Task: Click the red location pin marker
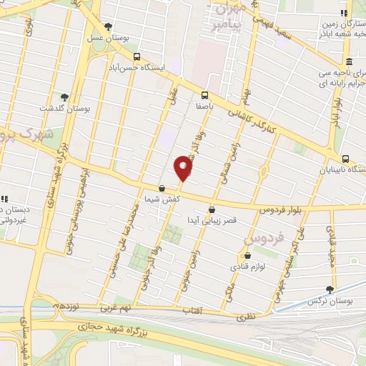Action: click(184, 169)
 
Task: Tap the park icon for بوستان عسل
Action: click(107, 26)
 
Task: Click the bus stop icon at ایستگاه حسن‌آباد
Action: click(136, 56)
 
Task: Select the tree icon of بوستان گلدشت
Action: click(65, 97)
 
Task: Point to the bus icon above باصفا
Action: click(205, 94)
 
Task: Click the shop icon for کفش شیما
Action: click(162, 188)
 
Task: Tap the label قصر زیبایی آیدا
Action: click(212, 220)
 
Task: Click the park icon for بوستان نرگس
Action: click(330, 290)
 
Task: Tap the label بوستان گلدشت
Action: click(65, 108)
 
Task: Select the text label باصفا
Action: click(205, 104)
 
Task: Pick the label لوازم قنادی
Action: click(248, 267)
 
